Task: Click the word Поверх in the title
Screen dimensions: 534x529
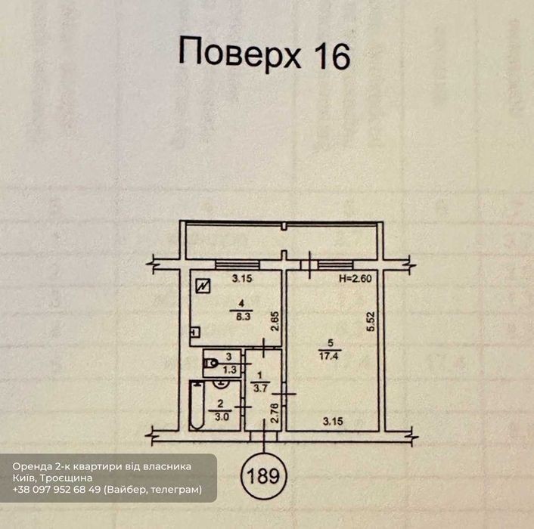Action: (x=240, y=54)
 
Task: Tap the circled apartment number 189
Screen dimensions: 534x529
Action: (x=264, y=476)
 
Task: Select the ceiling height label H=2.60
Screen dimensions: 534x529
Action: (x=355, y=279)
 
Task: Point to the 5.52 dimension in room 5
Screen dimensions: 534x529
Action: (x=371, y=321)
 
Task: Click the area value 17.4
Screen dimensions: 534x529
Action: (x=328, y=356)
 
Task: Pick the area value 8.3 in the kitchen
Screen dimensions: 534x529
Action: (x=243, y=317)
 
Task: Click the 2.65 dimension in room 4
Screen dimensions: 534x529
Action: (x=275, y=321)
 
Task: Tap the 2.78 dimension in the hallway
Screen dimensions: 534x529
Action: (x=275, y=413)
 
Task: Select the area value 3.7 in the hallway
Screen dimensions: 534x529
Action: (x=260, y=388)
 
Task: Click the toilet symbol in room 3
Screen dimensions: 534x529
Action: (x=211, y=363)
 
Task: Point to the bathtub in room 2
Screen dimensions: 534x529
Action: (x=197, y=405)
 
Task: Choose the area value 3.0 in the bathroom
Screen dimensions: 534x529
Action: (x=222, y=416)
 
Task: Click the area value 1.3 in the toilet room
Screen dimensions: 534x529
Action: (x=230, y=369)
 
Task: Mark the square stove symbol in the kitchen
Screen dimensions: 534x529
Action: (x=203, y=286)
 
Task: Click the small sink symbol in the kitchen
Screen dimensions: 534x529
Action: (x=195, y=332)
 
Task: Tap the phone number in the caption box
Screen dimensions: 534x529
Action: (x=57, y=490)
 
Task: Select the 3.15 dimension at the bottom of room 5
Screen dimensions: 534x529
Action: (x=333, y=422)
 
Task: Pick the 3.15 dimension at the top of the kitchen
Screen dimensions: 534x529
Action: (x=242, y=279)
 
